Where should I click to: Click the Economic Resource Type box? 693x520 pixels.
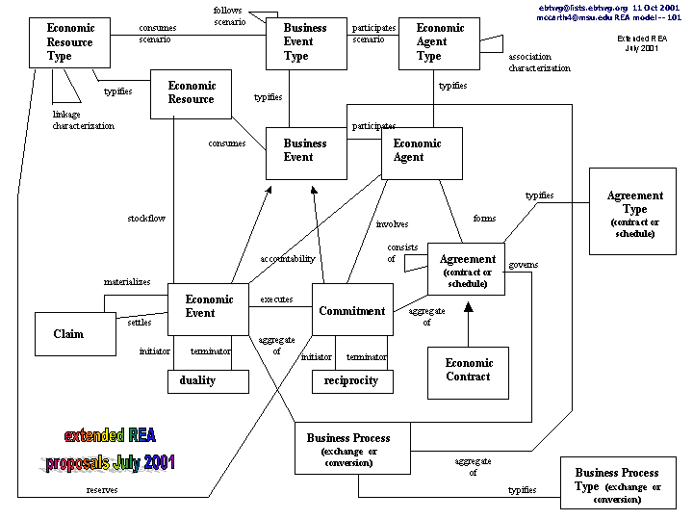coord(70,42)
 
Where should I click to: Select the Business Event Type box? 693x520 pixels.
coord(306,43)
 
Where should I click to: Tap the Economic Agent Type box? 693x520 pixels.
coord(439,43)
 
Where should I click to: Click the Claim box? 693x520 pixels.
coord(68,333)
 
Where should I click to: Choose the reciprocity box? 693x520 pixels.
coord(352,380)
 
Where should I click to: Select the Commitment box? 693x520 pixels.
coord(352,309)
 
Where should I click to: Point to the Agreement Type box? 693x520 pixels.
coord(634,213)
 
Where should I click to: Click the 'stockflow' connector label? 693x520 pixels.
coord(146,219)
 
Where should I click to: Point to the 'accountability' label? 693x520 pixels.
coord(287,258)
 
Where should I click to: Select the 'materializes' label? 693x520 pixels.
coord(127,282)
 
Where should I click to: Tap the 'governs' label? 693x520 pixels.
coord(522,265)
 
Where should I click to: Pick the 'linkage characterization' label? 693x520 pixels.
coord(83,120)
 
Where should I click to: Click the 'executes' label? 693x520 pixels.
coord(276,299)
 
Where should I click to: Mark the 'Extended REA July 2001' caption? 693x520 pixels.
coord(638,42)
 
